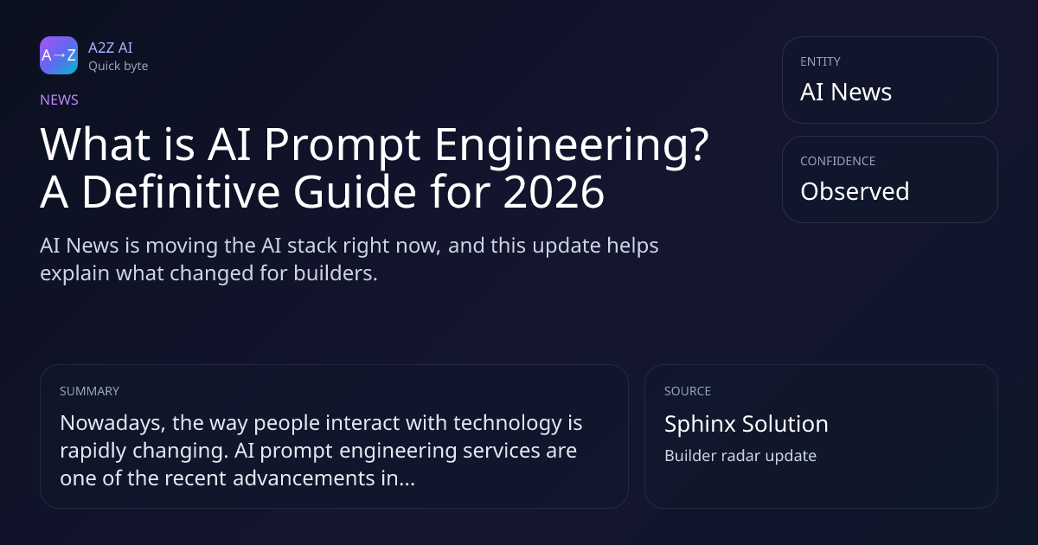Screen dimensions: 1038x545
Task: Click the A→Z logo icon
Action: [59, 55]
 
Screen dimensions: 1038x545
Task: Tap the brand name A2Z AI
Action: [111, 48]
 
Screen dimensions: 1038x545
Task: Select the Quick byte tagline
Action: [119, 67]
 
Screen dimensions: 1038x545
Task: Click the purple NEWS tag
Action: [60, 99]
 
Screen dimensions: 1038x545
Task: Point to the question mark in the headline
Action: [697, 144]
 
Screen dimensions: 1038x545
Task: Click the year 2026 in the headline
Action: [554, 191]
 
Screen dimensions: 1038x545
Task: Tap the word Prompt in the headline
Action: [343, 146]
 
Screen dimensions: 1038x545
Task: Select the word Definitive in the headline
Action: [181, 190]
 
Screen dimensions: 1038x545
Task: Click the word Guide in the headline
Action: [355, 190]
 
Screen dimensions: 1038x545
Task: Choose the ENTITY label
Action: [820, 61]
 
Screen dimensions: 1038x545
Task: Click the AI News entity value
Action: [846, 92]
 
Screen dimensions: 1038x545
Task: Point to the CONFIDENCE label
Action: [838, 161]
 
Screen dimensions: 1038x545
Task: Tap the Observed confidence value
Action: [855, 191]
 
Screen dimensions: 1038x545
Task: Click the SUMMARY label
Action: [89, 391]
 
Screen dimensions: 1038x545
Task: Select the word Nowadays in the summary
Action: [112, 424]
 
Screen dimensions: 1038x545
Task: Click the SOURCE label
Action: [688, 391]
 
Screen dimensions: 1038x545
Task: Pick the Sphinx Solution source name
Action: [746, 424]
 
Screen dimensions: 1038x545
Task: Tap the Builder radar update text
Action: [740, 456]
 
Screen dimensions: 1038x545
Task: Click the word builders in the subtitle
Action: [336, 273]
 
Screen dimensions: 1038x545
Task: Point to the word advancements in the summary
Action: [304, 478]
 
